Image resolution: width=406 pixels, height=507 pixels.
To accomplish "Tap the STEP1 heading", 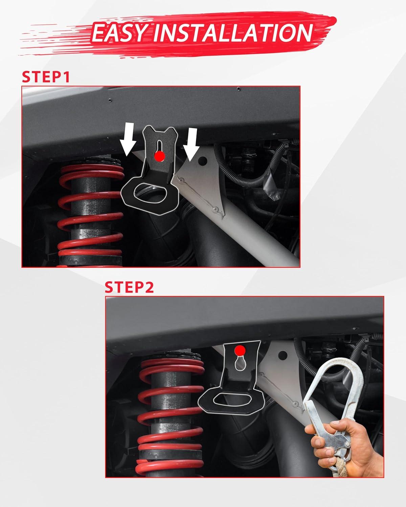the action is pyautogui.click(x=46, y=77).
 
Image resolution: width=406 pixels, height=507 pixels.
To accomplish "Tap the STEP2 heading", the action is pyautogui.click(x=129, y=287).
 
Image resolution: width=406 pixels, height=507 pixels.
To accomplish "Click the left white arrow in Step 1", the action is pyautogui.click(x=129, y=140).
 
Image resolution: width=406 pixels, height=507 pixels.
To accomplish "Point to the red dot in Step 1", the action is pyautogui.click(x=159, y=156).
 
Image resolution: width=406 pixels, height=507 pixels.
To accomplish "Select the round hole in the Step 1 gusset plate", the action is pyautogui.click(x=203, y=161).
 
